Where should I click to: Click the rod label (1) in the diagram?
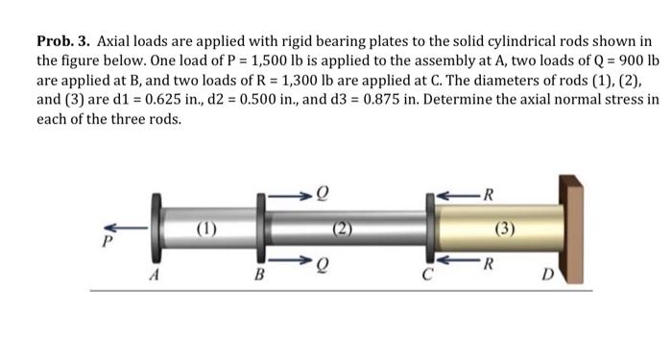coord(204,230)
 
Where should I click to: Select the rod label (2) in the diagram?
coord(341,230)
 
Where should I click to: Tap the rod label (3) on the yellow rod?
coord(505,230)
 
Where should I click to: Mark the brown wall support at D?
coord(571,230)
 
